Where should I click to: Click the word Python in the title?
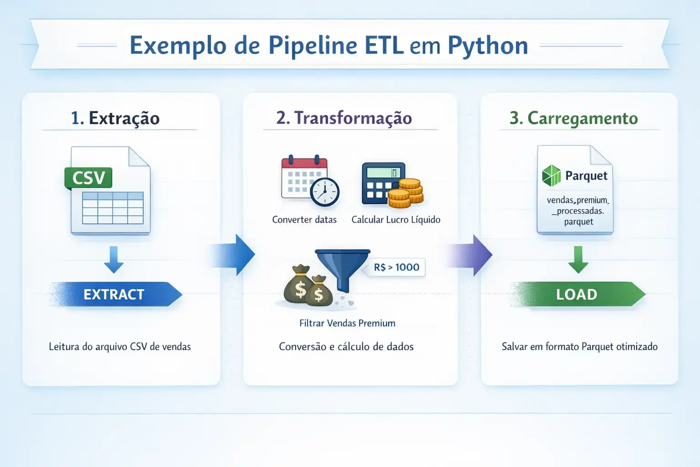(x=488, y=46)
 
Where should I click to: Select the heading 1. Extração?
(x=115, y=118)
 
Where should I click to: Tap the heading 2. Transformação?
(x=344, y=118)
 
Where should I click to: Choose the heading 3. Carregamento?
(x=574, y=118)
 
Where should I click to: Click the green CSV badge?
(x=88, y=178)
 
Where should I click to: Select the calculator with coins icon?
(x=392, y=185)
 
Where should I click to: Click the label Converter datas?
(x=304, y=220)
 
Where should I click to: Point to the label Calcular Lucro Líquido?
(x=396, y=220)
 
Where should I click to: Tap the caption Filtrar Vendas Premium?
(x=347, y=323)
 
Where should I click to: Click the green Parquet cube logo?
(x=551, y=176)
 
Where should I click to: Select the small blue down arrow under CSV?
(x=114, y=259)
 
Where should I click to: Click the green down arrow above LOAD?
(x=578, y=259)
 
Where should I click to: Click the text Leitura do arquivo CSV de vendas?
(x=120, y=347)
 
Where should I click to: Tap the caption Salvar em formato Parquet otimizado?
(x=579, y=347)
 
